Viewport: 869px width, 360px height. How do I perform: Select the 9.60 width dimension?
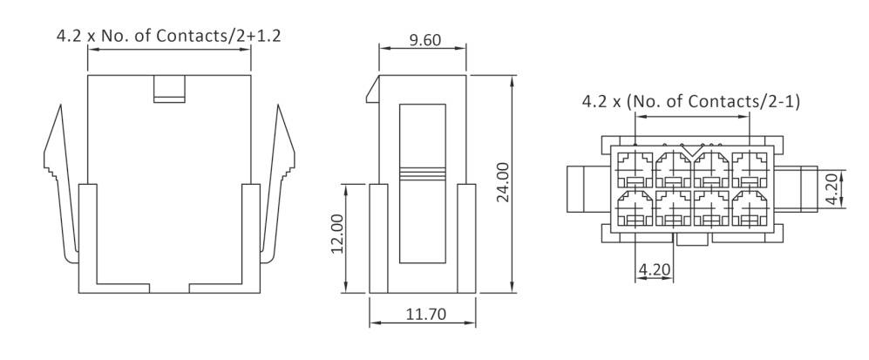[423, 39]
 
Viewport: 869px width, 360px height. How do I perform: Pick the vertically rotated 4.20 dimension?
[834, 187]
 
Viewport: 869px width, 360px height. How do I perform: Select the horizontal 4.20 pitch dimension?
[655, 269]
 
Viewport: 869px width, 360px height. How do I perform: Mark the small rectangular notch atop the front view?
[169, 89]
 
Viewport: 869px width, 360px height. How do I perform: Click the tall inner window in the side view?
[422, 183]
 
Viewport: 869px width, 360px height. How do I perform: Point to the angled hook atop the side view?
[374, 87]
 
